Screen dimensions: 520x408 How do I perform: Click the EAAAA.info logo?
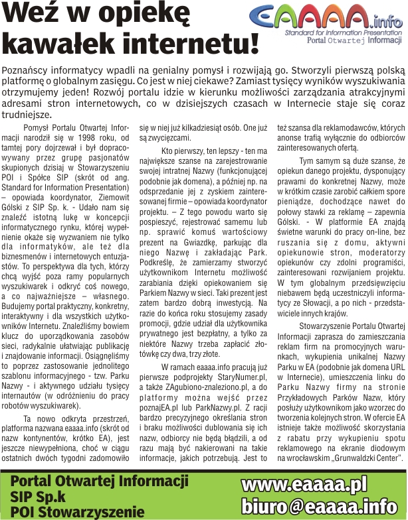[x=328, y=15]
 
